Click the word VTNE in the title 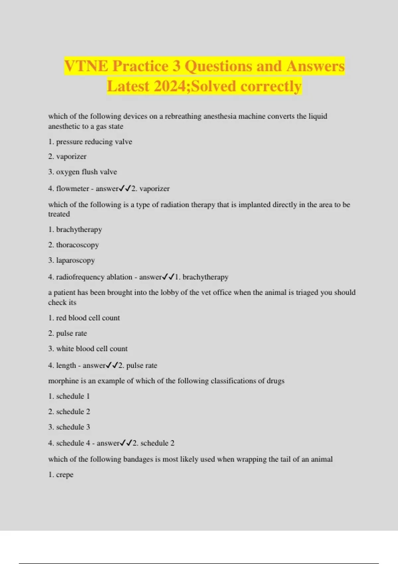click(x=86, y=66)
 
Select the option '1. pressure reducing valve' click(x=90, y=142)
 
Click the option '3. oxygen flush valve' click(x=83, y=172)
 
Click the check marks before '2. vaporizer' click(x=125, y=188)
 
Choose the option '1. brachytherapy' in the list click(x=75, y=230)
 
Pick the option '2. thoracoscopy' click(x=74, y=245)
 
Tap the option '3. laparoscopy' click(x=72, y=260)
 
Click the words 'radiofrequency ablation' click(x=94, y=277)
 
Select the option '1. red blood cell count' click(x=84, y=318)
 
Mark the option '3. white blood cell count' click(x=88, y=349)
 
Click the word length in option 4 click(x=66, y=365)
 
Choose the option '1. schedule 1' click(x=69, y=396)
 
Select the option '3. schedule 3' click(x=69, y=427)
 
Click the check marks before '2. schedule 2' click(x=126, y=443)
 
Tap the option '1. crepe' click(x=61, y=475)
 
